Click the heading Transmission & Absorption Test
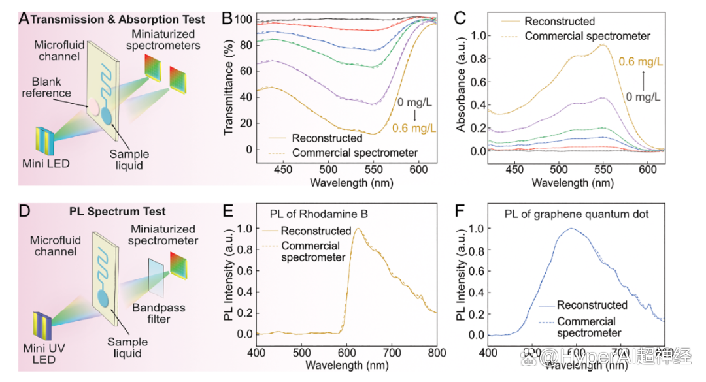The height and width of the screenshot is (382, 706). (x=118, y=19)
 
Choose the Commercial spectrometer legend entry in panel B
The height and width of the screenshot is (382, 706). (x=355, y=153)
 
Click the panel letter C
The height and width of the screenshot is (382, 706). (x=460, y=19)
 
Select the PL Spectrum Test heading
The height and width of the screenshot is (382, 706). (x=118, y=212)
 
